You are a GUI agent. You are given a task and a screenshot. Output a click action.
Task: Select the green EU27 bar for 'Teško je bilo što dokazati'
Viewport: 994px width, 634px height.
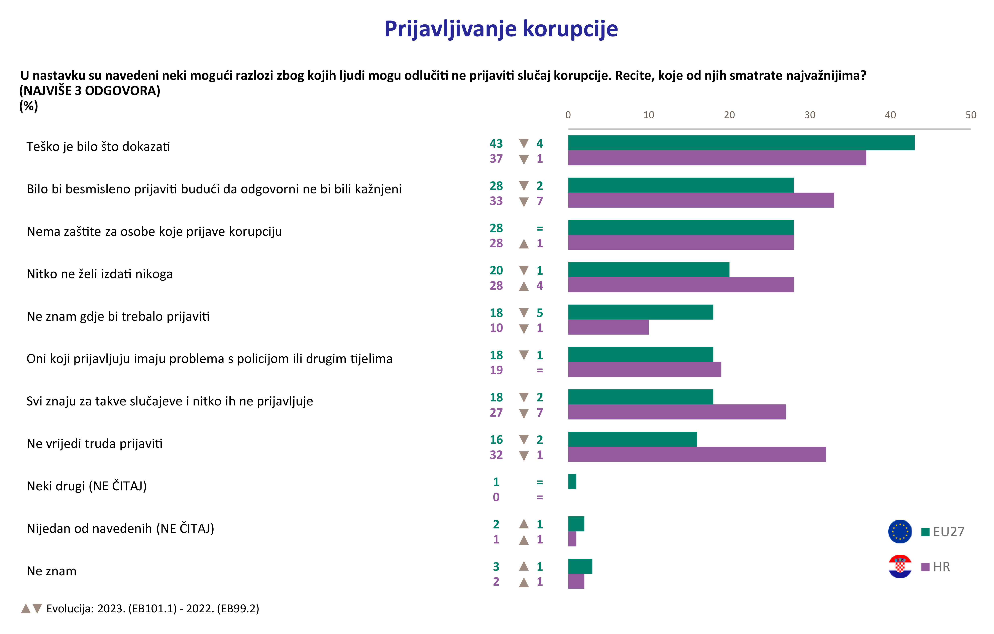(741, 143)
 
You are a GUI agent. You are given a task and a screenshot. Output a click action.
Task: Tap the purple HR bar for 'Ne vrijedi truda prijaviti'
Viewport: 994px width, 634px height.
(697, 455)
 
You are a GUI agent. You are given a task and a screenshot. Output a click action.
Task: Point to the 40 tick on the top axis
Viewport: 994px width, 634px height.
(890, 115)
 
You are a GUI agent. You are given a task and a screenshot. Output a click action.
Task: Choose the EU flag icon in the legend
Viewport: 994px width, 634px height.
(900, 532)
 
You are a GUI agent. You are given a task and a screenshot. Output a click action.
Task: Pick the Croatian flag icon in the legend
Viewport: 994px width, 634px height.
(900, 567)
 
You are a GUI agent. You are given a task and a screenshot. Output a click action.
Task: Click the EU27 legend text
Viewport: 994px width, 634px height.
(949, 532)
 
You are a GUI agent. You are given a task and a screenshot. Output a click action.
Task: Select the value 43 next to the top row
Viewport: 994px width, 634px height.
(496, 144)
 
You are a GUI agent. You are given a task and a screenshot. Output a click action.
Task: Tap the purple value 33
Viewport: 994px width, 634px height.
(496, 201)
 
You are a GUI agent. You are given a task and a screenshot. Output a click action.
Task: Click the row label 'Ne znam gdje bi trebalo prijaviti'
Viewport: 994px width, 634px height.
(118, 316)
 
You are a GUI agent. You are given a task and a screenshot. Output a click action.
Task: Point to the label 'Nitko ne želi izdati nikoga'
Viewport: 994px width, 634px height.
(100, 274)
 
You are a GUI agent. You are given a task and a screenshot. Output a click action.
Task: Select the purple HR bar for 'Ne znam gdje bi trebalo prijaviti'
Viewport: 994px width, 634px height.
(609, 327)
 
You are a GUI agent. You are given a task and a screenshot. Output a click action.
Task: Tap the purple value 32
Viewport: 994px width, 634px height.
(496, 455)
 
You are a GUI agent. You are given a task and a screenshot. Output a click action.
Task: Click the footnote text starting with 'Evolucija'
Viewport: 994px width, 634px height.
(153, 609)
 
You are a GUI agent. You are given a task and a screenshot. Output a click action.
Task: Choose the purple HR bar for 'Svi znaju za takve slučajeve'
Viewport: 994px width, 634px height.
(677, 412)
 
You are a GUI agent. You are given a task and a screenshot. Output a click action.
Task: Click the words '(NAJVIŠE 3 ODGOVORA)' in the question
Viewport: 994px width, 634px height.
(90, 91)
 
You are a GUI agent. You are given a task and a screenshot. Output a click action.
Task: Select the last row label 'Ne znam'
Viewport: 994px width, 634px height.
(52, 571)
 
